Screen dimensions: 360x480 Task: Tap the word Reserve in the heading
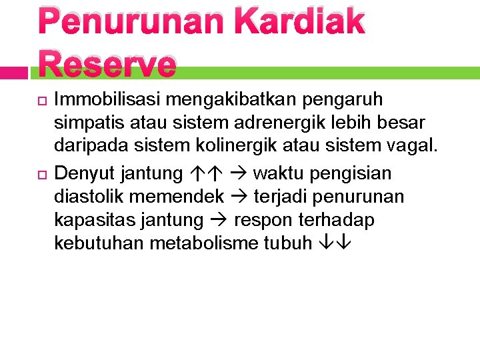(107, 65)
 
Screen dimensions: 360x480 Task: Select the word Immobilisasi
(107, 100)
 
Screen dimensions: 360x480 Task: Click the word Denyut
(85, 173)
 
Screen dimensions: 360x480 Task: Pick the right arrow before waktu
(238, 174)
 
